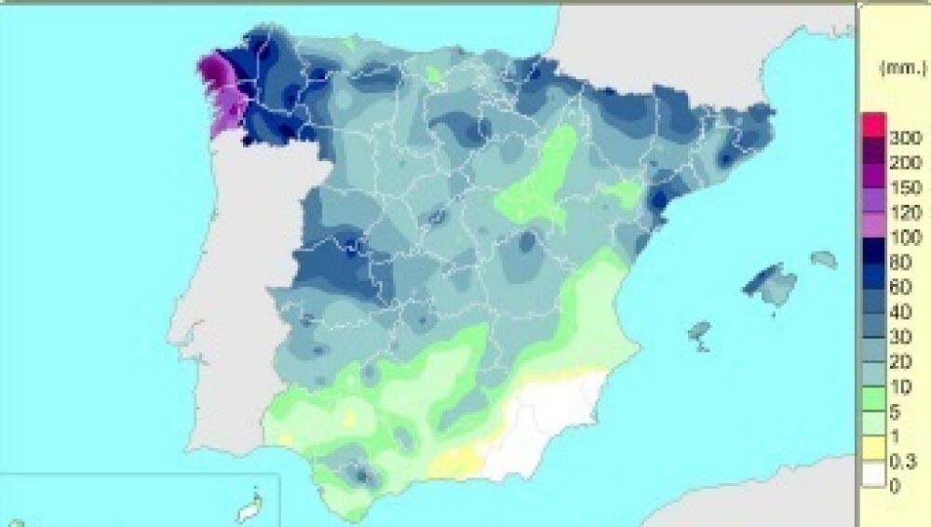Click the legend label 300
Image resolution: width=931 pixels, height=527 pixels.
tap(905, 139)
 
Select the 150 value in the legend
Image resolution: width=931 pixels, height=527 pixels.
tap(905, 188)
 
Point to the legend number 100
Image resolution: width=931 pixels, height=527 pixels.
tap(905, 237)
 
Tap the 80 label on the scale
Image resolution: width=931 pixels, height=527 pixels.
tap(901, 263)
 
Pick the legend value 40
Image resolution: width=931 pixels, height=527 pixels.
tap(901, 312)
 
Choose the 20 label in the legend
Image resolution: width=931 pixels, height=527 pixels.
tap(901, 361)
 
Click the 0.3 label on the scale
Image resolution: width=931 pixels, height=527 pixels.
tap(903, 460)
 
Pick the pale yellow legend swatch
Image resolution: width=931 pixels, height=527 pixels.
tap(873, 448)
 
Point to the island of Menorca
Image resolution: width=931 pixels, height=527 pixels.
tap(824, 259)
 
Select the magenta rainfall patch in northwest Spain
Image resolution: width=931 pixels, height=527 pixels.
tap(220, 88)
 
